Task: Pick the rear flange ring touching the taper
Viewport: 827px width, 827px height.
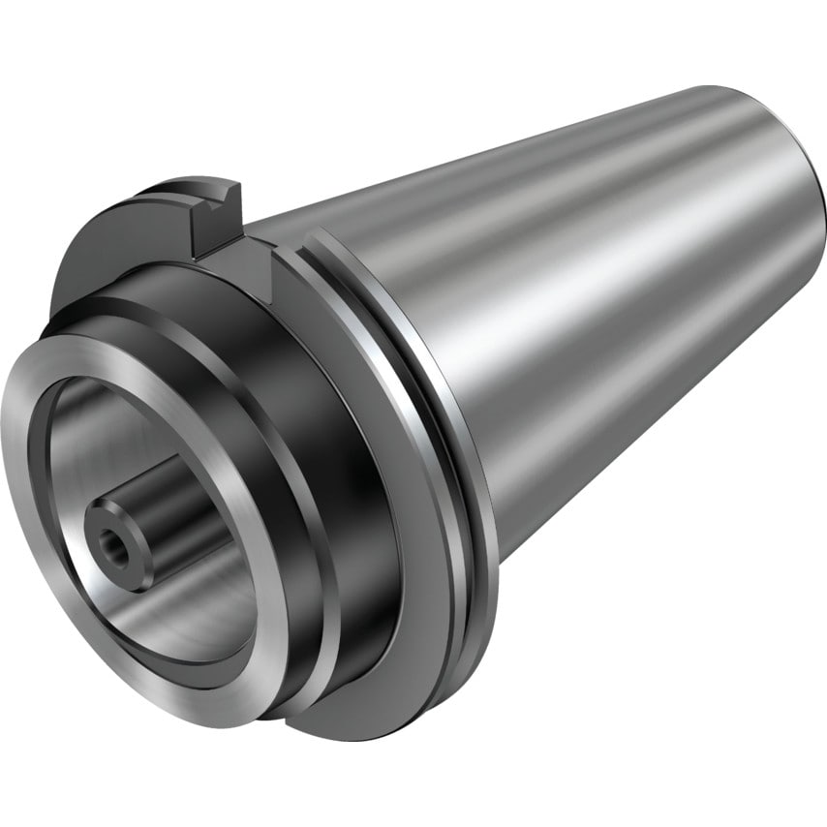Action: click(455, 407)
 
